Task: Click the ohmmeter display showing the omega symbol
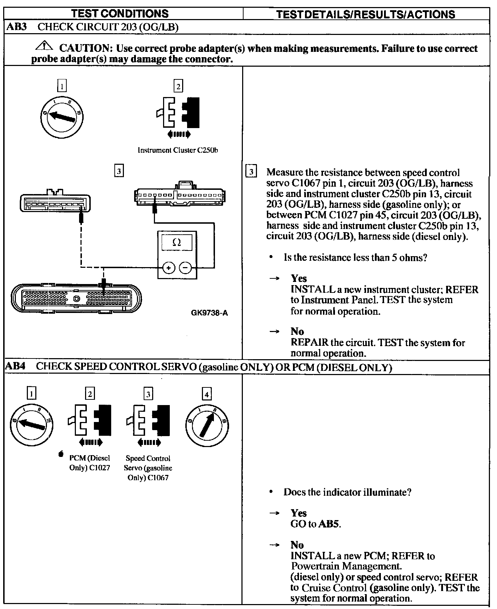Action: [177, 243]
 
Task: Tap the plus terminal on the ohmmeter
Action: [169, 268]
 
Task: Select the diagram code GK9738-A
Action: [209, 313]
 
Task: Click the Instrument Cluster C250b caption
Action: [178, 150]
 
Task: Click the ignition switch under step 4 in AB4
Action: [207, 423]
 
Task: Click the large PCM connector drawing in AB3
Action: [76, 297]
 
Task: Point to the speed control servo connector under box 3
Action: [55, 202]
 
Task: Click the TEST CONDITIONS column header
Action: [120, 13]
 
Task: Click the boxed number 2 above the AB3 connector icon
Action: [178, 86]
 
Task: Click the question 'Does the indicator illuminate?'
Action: [347, 492]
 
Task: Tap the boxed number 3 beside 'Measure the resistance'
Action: [251, 172]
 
